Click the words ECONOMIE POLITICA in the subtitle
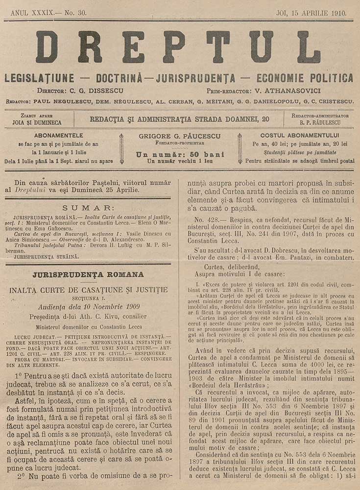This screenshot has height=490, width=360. [305, 78]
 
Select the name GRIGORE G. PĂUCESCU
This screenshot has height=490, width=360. [179, 136]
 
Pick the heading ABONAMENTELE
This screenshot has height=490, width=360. [59, 135]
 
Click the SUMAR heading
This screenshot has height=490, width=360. [89, 208]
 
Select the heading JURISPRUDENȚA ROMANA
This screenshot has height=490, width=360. [88, 274]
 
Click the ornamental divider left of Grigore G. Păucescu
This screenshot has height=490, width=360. [121, 148]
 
